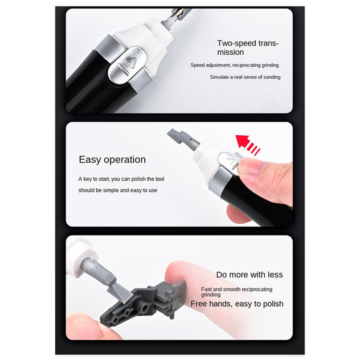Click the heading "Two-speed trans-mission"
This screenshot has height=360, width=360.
(248, 48)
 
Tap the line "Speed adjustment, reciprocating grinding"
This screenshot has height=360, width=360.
(235, 65)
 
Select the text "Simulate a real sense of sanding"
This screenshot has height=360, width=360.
(245, 77)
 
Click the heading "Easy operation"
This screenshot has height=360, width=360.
(112, 160)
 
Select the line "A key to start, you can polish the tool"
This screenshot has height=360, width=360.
(121, 179)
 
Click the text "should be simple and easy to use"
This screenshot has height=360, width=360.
(118, 190)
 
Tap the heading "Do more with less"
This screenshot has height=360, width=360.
(249, 275)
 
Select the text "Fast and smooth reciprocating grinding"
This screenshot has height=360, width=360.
(237, 292)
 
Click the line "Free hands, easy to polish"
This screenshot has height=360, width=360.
(237, 304)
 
